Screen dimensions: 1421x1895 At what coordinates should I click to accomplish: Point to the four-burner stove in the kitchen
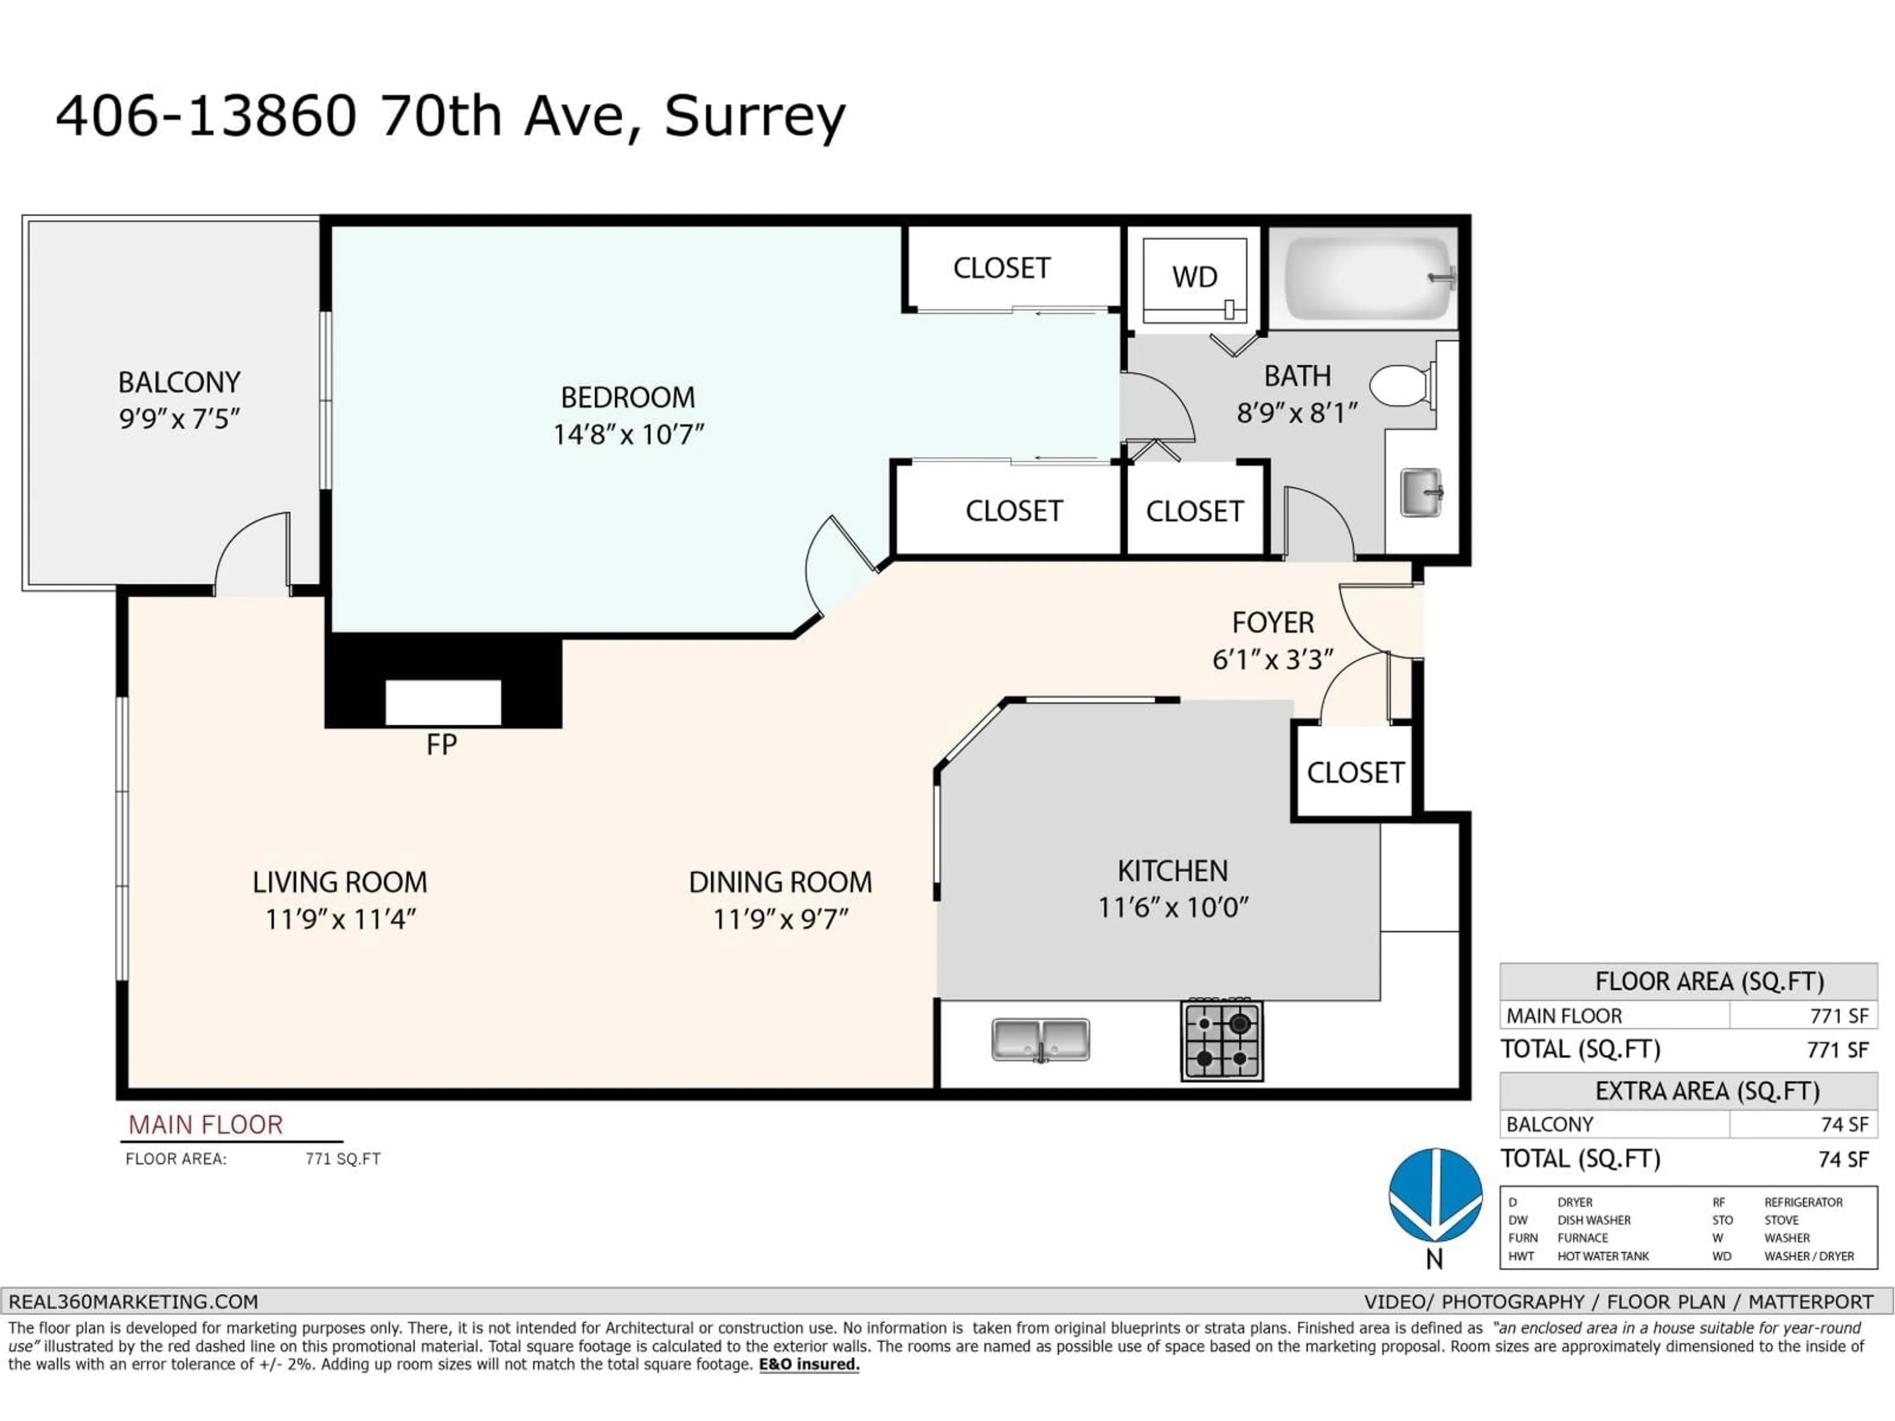click(x=1222, y=1040)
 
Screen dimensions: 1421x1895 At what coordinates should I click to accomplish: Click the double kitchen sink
click(x=1040, y=1040)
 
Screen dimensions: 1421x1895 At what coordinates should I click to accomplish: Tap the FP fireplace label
click(x=441, y=745)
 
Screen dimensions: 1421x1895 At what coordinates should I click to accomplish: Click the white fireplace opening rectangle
click(x=443, y=703)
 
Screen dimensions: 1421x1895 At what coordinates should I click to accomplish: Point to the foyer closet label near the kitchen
click(x=1355, y=773)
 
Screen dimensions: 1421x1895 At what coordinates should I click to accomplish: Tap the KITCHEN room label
click(x=1172, y=871)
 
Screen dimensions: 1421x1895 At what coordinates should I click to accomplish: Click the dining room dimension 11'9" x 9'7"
click(x=780, y=919)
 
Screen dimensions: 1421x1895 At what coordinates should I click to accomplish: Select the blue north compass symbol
click(x=1435, y=1195)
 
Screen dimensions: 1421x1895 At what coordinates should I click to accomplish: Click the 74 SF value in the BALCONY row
click(x=1844, y=1124)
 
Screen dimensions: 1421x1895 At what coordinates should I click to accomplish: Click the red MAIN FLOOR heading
click(x=206, y=1124)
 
